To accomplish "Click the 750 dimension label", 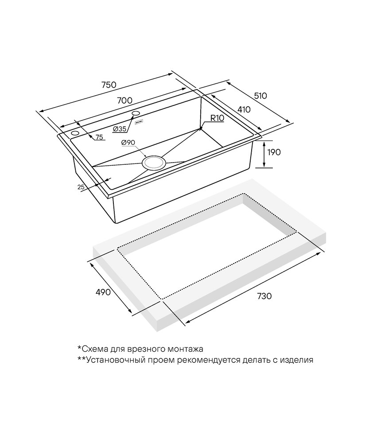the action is [x=109, y=85].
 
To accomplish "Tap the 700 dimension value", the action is [x=124, y=100].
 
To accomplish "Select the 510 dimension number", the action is [x=260, y=96].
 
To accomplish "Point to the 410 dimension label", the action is [x=244, y=109].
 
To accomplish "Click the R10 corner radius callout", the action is [x=217, y=118].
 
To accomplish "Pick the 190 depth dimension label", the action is [x=273, y=152].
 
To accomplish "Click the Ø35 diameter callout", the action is [x=120, y=129].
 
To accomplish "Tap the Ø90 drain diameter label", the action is [x=128, y=143].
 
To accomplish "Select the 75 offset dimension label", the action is [x=99, y=137].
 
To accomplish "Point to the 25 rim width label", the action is [x=81, y=187].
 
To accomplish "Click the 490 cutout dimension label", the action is [x=103, y=292].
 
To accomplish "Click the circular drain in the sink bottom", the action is [x=154, y=163].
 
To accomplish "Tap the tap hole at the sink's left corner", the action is [x=75, y=133].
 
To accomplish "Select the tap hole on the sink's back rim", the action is [x=136, y=113].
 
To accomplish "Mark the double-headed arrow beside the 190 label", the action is [x=264, y=154].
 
